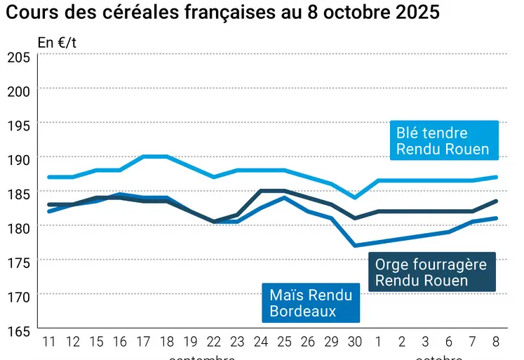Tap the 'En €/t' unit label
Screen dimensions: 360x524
58,42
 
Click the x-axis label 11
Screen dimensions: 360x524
49,342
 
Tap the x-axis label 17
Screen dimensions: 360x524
143,342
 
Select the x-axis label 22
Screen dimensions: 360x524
213,342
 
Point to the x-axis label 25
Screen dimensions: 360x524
284,342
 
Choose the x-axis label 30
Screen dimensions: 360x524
355,342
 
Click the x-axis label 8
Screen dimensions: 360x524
497,342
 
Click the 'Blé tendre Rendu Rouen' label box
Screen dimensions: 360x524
443,141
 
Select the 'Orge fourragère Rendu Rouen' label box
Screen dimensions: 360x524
431,272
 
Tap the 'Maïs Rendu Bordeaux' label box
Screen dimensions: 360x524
311,302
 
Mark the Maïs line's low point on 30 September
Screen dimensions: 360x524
355,246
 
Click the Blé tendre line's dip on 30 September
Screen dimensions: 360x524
355,198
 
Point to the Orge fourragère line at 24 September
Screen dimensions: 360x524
261,190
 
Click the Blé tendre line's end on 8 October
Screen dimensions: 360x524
497,177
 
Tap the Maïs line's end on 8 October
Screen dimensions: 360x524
497,218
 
